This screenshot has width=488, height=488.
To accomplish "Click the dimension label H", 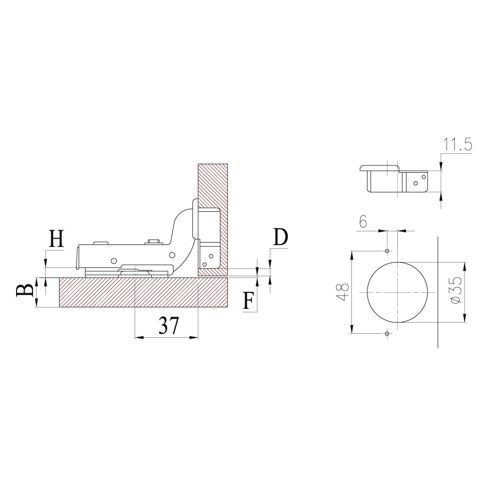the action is click(x=57, y=238).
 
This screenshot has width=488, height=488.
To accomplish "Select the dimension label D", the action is click(x=281, y=237).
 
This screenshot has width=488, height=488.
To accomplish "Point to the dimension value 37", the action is click(x=169, y=325).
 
